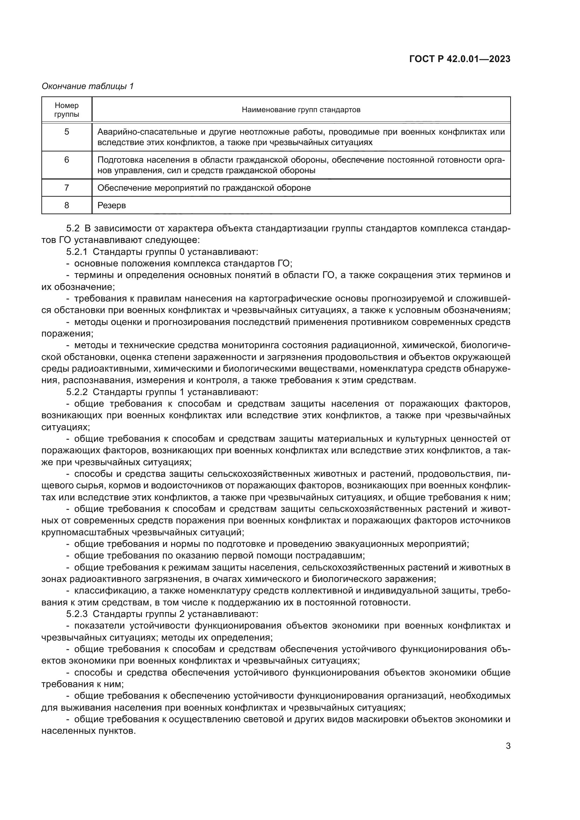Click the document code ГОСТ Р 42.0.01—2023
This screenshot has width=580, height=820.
(460, 59)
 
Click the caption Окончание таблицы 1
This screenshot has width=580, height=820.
(88, 86)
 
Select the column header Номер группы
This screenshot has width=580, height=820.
(67, 110)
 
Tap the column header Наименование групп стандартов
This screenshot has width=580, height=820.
(301, 110)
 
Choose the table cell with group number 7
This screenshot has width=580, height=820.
(67, 188)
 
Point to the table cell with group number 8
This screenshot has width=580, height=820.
(67, 205)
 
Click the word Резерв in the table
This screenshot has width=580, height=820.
(112, 205)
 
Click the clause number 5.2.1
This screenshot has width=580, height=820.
(77, 252)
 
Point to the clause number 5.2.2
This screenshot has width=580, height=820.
(77, 392)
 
